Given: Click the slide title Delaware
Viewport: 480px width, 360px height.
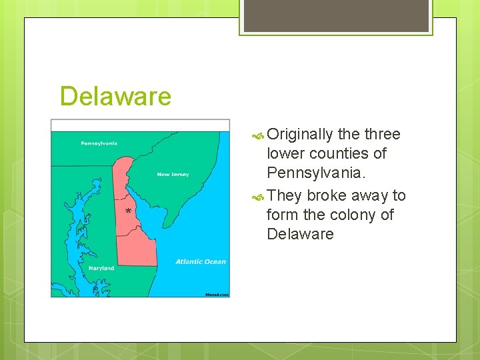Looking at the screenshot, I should pyautogui.click(x=115, y=97).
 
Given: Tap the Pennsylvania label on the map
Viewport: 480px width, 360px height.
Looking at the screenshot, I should pyautogui.click(x=99, y=143).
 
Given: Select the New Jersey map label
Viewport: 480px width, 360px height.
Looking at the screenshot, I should pyautogui.click(x=173, y=175).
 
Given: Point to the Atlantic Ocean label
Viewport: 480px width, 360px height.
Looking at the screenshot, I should pyautogui.click(x=201, y=262).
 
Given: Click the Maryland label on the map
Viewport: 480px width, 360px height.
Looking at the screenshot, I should pyautogui.click(x=101, y=268).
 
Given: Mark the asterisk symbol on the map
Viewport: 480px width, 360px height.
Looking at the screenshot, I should pyautogui.click(x=128, y=212).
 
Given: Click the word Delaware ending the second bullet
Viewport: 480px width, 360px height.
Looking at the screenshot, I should pyautogui.click(x=300, y=234).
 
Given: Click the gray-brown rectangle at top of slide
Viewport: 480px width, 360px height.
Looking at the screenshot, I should pyautogui.click(x=336, y=15).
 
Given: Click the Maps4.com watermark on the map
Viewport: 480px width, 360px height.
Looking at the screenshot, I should pyautogui.click(x=217, y=293).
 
